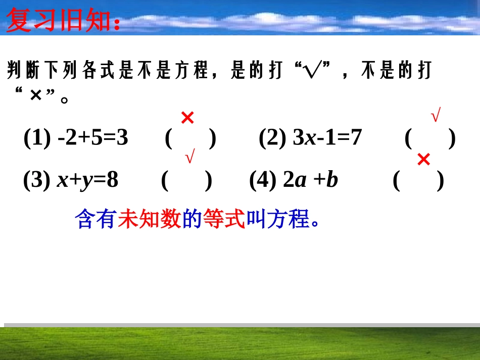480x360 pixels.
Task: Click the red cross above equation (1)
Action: pos(187,118)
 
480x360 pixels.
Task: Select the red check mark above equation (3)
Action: pos(190,158)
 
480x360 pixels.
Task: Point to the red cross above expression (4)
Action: pos(424,160)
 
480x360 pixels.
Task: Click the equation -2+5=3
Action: pos(93,138)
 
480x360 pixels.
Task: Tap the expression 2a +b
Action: pos(310,180)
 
